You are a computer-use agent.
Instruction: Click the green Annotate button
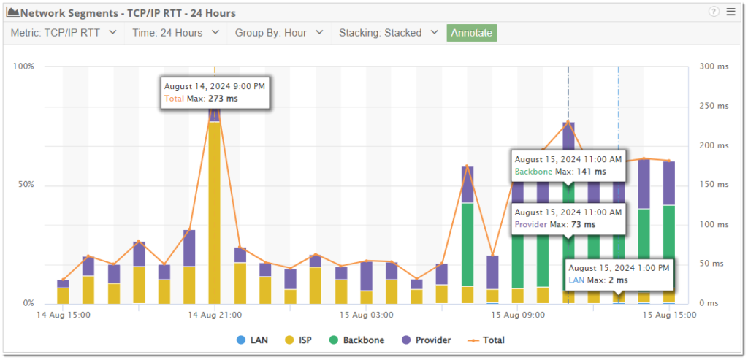tap(472, 33)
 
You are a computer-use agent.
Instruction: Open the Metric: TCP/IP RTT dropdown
tap(65, 33)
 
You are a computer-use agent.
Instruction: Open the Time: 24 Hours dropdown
tap(175, 33)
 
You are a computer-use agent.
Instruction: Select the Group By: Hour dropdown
tap(279, 33)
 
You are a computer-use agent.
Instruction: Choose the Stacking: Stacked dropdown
tap(388, 33)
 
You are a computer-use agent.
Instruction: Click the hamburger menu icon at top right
tap(730, 12)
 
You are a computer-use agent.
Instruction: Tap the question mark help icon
tap(714, 12)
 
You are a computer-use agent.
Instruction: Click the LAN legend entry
tap(252, 340)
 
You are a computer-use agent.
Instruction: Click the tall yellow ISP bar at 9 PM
tap(215, 212)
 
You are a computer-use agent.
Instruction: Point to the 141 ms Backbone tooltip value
tap(591, 172)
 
